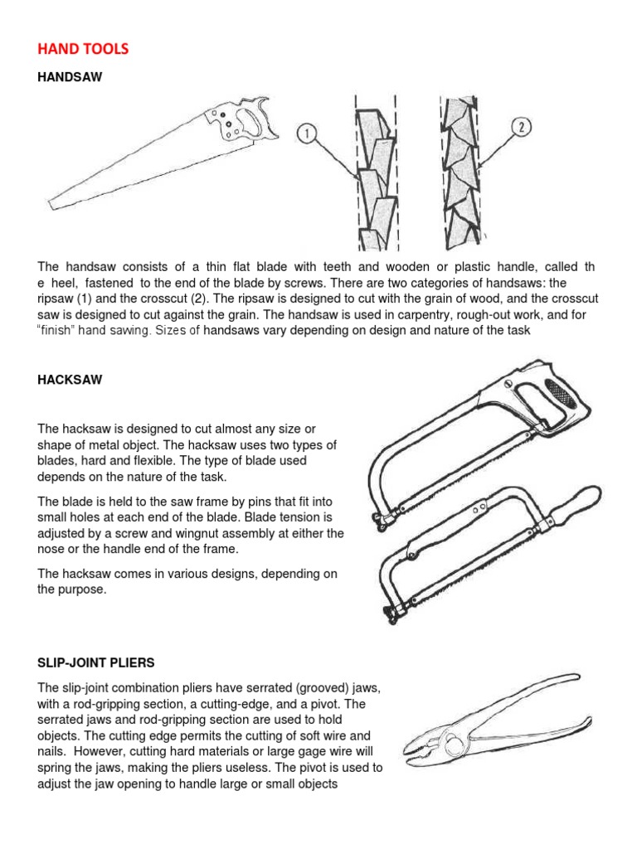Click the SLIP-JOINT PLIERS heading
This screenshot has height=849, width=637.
[95, 663]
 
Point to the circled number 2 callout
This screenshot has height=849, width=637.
[521, 128]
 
